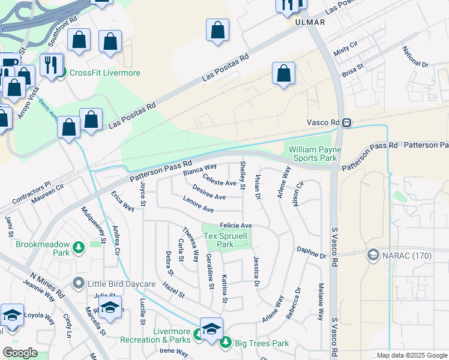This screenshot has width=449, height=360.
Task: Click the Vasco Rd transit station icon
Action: click(347, 122)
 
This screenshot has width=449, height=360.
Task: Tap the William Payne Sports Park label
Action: click(315, 154)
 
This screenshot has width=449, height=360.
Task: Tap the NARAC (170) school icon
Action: click(373, 256)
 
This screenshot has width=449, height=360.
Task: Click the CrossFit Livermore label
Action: click(105, 73)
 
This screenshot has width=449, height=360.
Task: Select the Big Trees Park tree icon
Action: click(226, 343)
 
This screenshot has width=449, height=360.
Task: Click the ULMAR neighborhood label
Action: click(310, 22)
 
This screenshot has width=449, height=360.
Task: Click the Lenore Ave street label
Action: click(199, 209)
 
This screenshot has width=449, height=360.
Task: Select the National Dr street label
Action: click(415, 57)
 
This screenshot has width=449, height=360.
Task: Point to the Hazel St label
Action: click(173, 291)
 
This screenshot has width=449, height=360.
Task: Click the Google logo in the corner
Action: click(20, 353)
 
